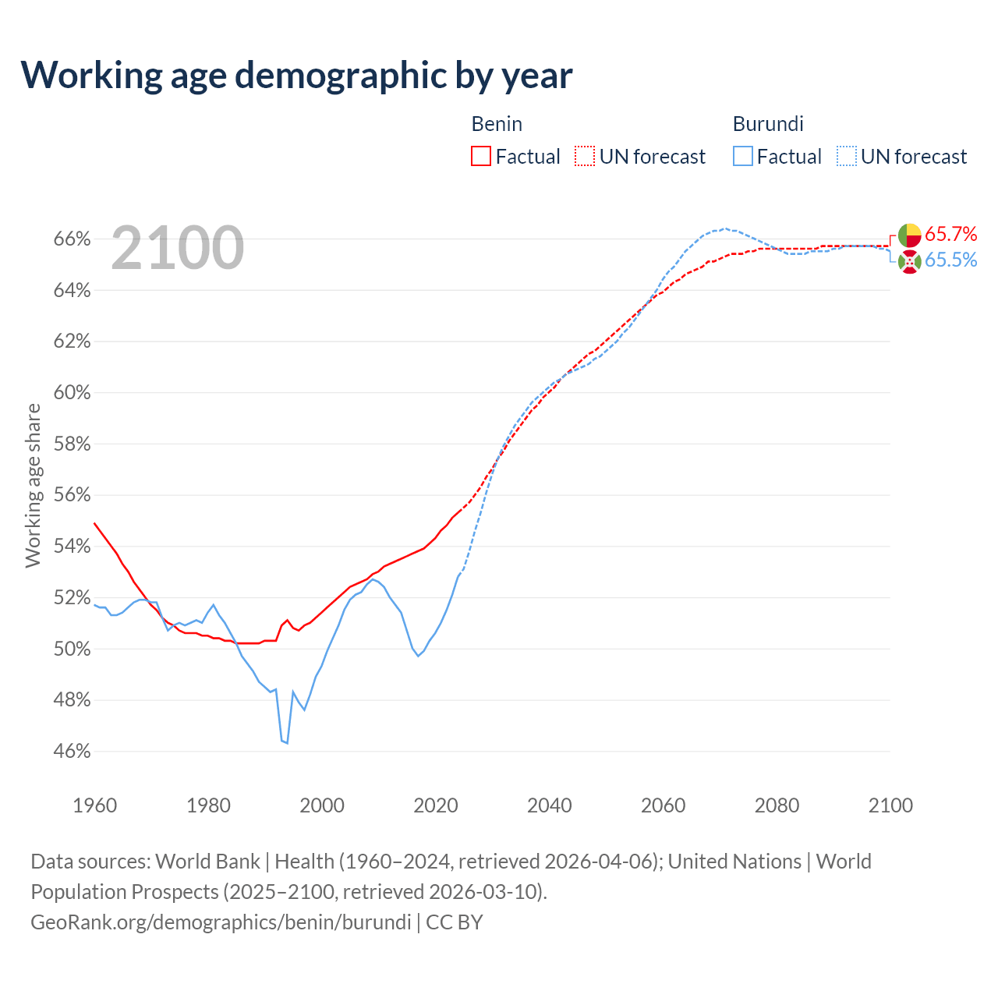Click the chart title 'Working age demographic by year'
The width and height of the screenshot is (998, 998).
[x=296, y=75]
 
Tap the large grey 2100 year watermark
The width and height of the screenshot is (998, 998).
[x=178, y=248]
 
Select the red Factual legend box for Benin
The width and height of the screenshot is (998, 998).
[x=481, y=156]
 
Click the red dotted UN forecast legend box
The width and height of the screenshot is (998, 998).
[x=585, y=156]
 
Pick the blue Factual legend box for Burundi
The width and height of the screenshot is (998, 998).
[x=743, y=156]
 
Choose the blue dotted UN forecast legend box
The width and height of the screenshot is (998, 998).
[x=847, y=156]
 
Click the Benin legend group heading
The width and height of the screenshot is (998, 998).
[x=497, y=124]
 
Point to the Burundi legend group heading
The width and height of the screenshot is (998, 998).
[x=768, y=124]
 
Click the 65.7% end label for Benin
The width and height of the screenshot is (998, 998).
[x=950, y=234]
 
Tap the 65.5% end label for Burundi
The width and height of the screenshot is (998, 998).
[x=950, y=260]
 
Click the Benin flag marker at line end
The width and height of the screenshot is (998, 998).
[x=909, y=235]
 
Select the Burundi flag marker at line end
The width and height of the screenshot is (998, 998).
[x=909, y=262]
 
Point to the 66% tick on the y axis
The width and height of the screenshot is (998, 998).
[x=73, y=239]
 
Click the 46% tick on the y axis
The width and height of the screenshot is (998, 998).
[x=73, y=752]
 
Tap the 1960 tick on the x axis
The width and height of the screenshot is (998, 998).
[x=95, y=805]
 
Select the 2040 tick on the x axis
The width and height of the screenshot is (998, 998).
[x=550, y=805]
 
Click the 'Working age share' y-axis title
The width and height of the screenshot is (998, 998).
[x=33, y=485]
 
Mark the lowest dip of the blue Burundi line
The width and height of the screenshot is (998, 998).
[x=287, y=743]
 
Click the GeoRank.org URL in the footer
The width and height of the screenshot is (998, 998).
[x=221, y=922]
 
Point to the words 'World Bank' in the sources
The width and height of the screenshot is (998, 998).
[x=207, y=862]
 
